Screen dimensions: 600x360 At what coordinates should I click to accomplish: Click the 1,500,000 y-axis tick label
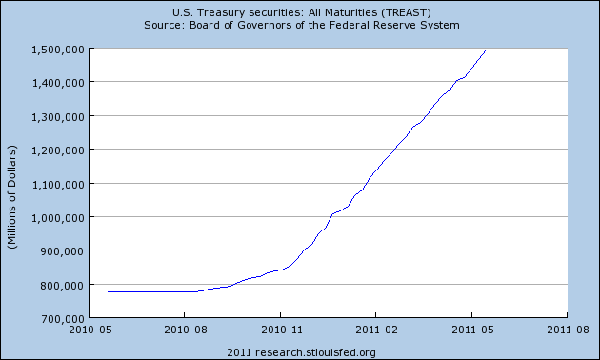[58, 50]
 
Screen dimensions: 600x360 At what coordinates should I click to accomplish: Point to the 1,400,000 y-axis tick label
[58, 83]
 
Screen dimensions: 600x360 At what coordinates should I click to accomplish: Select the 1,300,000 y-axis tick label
[58, 117]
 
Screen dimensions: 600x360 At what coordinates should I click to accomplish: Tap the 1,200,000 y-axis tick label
[58, 150]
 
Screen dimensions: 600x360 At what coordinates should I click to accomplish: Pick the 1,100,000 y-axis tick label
[58, 185]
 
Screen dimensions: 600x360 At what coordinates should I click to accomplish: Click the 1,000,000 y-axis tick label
[58, 218]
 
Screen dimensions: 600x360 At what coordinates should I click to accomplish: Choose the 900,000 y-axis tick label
[62, 251]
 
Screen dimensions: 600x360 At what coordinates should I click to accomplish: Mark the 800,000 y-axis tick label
[62, 286]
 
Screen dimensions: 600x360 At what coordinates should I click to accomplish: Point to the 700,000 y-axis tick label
[62, 318]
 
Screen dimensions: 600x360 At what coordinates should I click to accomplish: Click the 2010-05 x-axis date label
[90, 330]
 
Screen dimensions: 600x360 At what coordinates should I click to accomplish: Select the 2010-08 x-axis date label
[185, 330]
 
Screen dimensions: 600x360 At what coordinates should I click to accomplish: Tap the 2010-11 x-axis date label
[281, 330]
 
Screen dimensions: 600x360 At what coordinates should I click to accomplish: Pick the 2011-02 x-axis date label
[376, 330]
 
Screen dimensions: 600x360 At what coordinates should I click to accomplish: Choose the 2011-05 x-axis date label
[472, 330]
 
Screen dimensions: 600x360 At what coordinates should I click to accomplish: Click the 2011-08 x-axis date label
[568, 330]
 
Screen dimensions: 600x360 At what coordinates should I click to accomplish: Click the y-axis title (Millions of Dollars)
[11, 196]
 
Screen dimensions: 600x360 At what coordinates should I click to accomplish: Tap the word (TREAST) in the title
[406, 12]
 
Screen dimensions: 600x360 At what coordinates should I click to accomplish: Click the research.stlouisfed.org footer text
[315, 352]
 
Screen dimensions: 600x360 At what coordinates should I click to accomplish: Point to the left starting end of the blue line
[108, 291]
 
